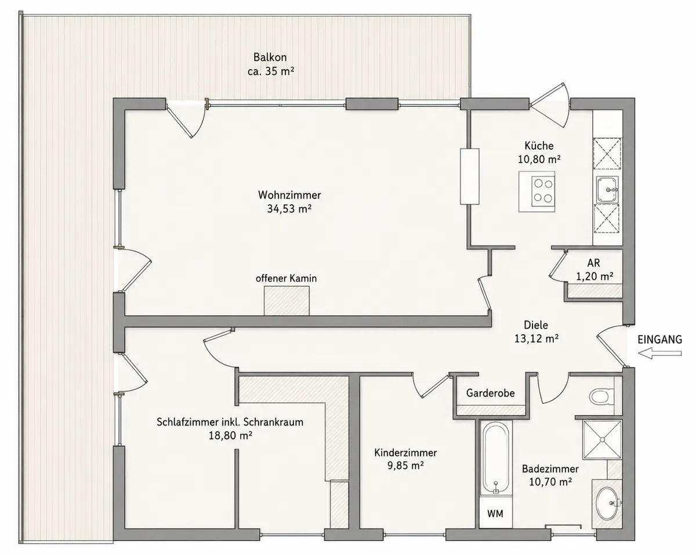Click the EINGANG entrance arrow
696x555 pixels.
pos(660,354)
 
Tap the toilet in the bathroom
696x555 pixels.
pos(602,396)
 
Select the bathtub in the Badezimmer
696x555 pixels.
pos(496,458)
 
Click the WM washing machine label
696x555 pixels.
pos(495,513)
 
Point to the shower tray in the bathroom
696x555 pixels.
pos(602,439)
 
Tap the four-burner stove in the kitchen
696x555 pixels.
pos(543,191)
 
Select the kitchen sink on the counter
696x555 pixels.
pos(607,189)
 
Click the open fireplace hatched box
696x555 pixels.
pos(287,301)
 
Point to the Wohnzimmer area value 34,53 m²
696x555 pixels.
pos(289,209)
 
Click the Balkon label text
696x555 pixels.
pos(270,57)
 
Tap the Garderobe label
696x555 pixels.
pos(490,393)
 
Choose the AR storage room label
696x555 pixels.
pos(593,262)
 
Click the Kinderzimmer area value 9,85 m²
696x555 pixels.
pos(405,466)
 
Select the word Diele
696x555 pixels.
pos(536,325)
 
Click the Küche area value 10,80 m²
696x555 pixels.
pos(539,159)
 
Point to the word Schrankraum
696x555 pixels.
pos(273,422)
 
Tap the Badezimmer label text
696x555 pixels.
pos(550,468)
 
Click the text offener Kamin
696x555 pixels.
pos(286,278)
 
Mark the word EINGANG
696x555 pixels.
pos(660,340)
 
